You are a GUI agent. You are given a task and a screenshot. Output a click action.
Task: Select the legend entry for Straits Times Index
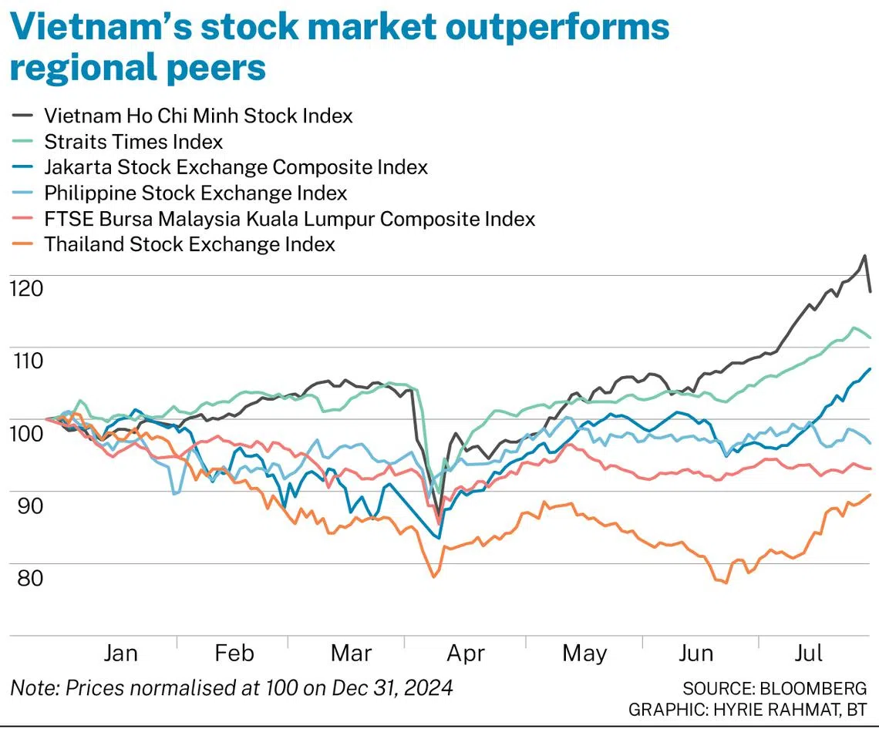pyautogui.click(x=133, y=142)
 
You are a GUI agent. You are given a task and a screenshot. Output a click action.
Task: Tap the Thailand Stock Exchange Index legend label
pyautogui.click(x=190, y=244)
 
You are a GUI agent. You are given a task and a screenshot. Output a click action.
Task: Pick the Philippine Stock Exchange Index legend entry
pyautogui.click(x=195, y=193)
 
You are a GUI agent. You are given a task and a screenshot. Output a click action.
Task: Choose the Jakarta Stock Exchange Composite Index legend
pyautogui.click(x=235, y=167)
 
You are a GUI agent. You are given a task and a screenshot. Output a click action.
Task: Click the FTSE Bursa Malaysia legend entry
pyautogui.click(x=289, y=219)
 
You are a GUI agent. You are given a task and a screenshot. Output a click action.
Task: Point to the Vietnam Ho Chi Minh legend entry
pyautogui.click(x=198, y=116)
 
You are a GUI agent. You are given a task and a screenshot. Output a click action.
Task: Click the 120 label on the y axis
pyautogui.click(x=26, y=288)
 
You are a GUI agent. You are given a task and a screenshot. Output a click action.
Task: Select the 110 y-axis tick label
pyautogui.click(x=26, y=360)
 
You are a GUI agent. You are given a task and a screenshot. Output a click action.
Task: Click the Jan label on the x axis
pyautogui.click(x=120, y=653)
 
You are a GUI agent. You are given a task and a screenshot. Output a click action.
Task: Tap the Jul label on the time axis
pyautogui.click(x=809, y=653)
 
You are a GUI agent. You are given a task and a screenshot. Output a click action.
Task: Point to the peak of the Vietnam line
pyautogui.click(x=864, y=256)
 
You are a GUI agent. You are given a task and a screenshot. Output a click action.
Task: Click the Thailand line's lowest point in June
pyautogui.click(x=726, y=583)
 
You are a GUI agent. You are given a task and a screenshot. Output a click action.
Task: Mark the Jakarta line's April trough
pyautogui.click(x=439, y=537)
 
